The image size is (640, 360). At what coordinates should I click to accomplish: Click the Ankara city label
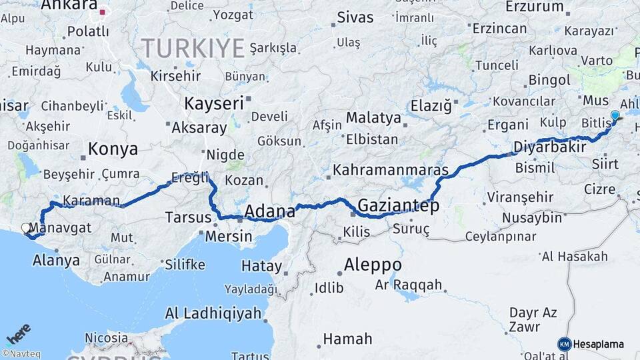[69, 6]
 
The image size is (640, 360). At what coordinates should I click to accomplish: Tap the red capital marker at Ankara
[103, 12]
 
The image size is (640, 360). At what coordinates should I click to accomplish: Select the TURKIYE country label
[193, 48]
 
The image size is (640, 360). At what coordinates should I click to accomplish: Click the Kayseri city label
[213, 103]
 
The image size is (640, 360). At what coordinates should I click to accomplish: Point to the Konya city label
[113, 149]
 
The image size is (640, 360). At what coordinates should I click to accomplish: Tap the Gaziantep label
[399, 205]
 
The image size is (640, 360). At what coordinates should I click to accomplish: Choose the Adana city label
[269, 211]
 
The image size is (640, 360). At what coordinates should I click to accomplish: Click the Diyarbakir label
[549, 147]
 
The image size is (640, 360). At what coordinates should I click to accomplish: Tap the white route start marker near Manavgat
[27, 229]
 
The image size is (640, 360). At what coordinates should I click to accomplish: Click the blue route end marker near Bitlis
[615, 116]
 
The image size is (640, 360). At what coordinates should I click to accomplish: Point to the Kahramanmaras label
[391, 170]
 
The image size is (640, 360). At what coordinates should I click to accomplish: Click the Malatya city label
[373, 118]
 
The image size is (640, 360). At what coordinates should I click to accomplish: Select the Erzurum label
[535, 7]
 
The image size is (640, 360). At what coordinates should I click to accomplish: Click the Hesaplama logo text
[599, 345]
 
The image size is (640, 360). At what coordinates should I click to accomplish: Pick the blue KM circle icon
[565, 345]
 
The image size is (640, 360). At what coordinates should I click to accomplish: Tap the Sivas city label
[355, 17]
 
